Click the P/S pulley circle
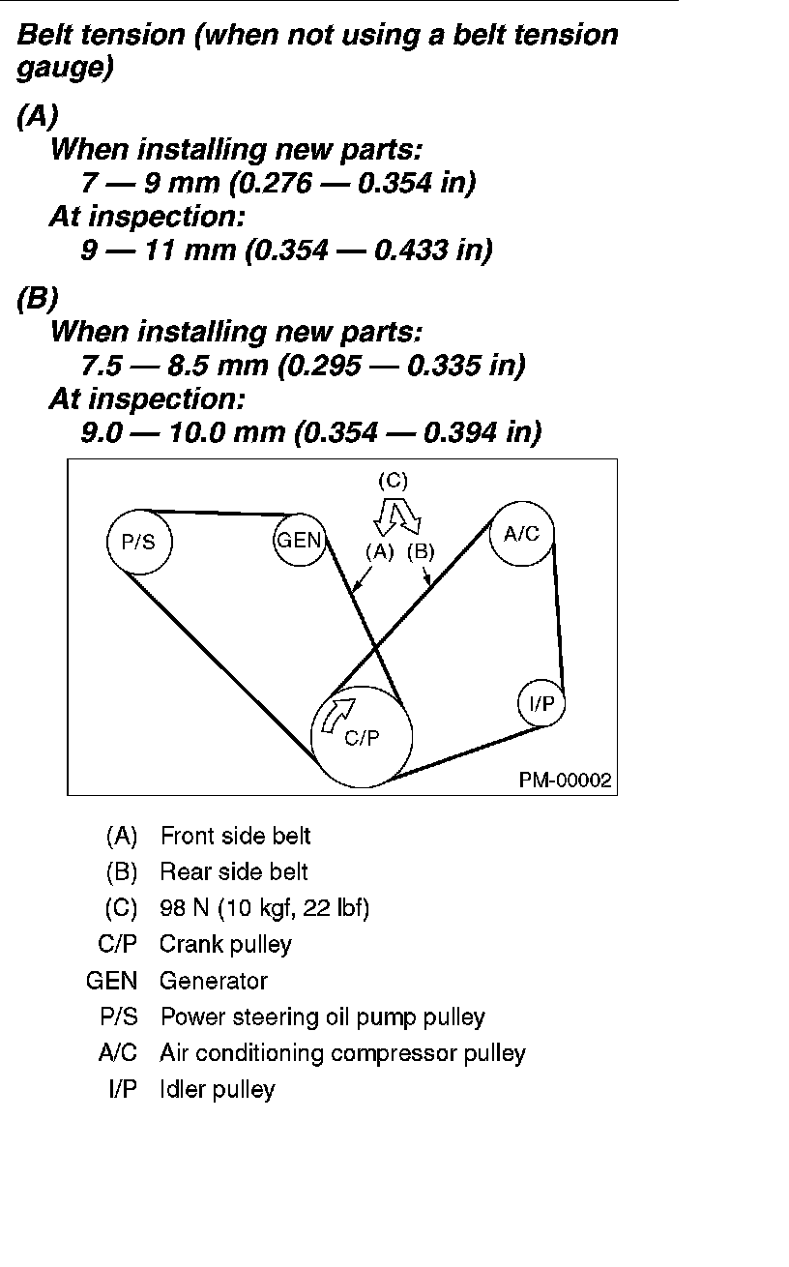pyautogui.click(x=138, y=542)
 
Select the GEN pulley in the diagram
pyautogui.click(x=299, y=540)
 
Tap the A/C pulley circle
pyautogui.click(x=522, y=534)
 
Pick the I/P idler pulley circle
pyautogui.click(x=541, y=704)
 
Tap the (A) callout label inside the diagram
pyautogui.click(x=380, y=552)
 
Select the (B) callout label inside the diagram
pyautogui.click(x=422, y=552)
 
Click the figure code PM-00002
pyautogui.click(x=566, y=781)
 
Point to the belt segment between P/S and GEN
pyautogui.click(x=218, y=513)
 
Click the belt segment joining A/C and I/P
pyautogui.click(x=558, y=619)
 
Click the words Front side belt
pyautogui.click(x=236, y=836)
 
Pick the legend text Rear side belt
pyautogui.click(x=234, y=871)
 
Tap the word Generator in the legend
pyautogui.click(x=214, y=981)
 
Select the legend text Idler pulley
pyautogui.click(x=218, y=1089)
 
